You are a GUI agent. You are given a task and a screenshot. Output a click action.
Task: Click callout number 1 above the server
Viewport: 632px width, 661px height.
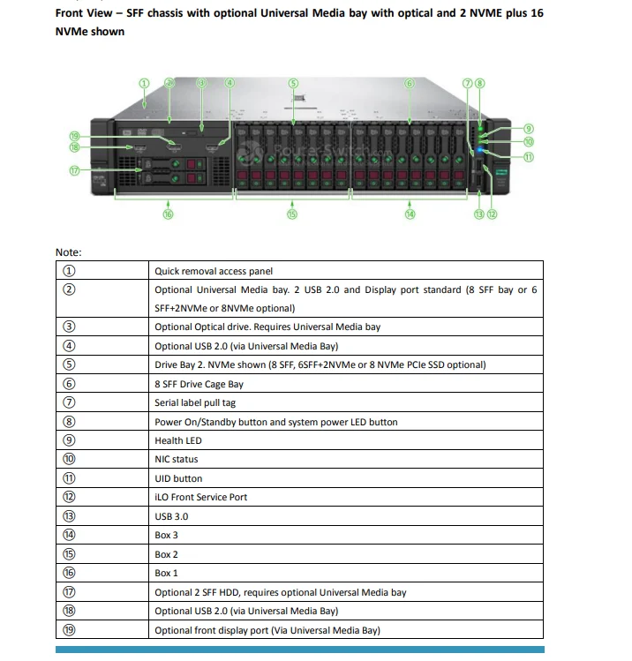[x=144, y=83]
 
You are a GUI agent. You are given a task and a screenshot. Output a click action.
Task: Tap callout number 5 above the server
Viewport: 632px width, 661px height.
[x=293, y=83]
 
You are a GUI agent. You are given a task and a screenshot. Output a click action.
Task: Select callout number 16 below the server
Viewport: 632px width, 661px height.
[x=168, y=214]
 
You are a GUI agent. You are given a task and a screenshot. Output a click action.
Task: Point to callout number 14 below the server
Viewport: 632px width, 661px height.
[x=410, y=214]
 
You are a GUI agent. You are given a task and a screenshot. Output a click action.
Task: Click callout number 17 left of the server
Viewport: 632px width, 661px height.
[x=75, y=170]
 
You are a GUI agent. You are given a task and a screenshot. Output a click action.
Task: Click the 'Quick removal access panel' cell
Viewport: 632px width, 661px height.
[x=214, y=271]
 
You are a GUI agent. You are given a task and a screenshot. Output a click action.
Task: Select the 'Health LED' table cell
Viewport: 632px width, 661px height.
[x=177, y=440]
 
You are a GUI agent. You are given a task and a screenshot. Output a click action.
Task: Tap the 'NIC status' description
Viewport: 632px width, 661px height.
[x=177, y=459]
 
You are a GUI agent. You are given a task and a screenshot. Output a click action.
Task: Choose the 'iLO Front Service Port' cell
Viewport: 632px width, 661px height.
[x=200, y=497]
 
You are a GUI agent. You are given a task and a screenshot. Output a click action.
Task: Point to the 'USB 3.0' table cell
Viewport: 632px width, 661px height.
[x=171, y=516]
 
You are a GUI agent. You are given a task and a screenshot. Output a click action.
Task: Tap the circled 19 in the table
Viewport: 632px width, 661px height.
[x=70, y=630]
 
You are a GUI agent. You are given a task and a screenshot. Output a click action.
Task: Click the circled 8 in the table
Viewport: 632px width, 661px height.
[x=70, y=422]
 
